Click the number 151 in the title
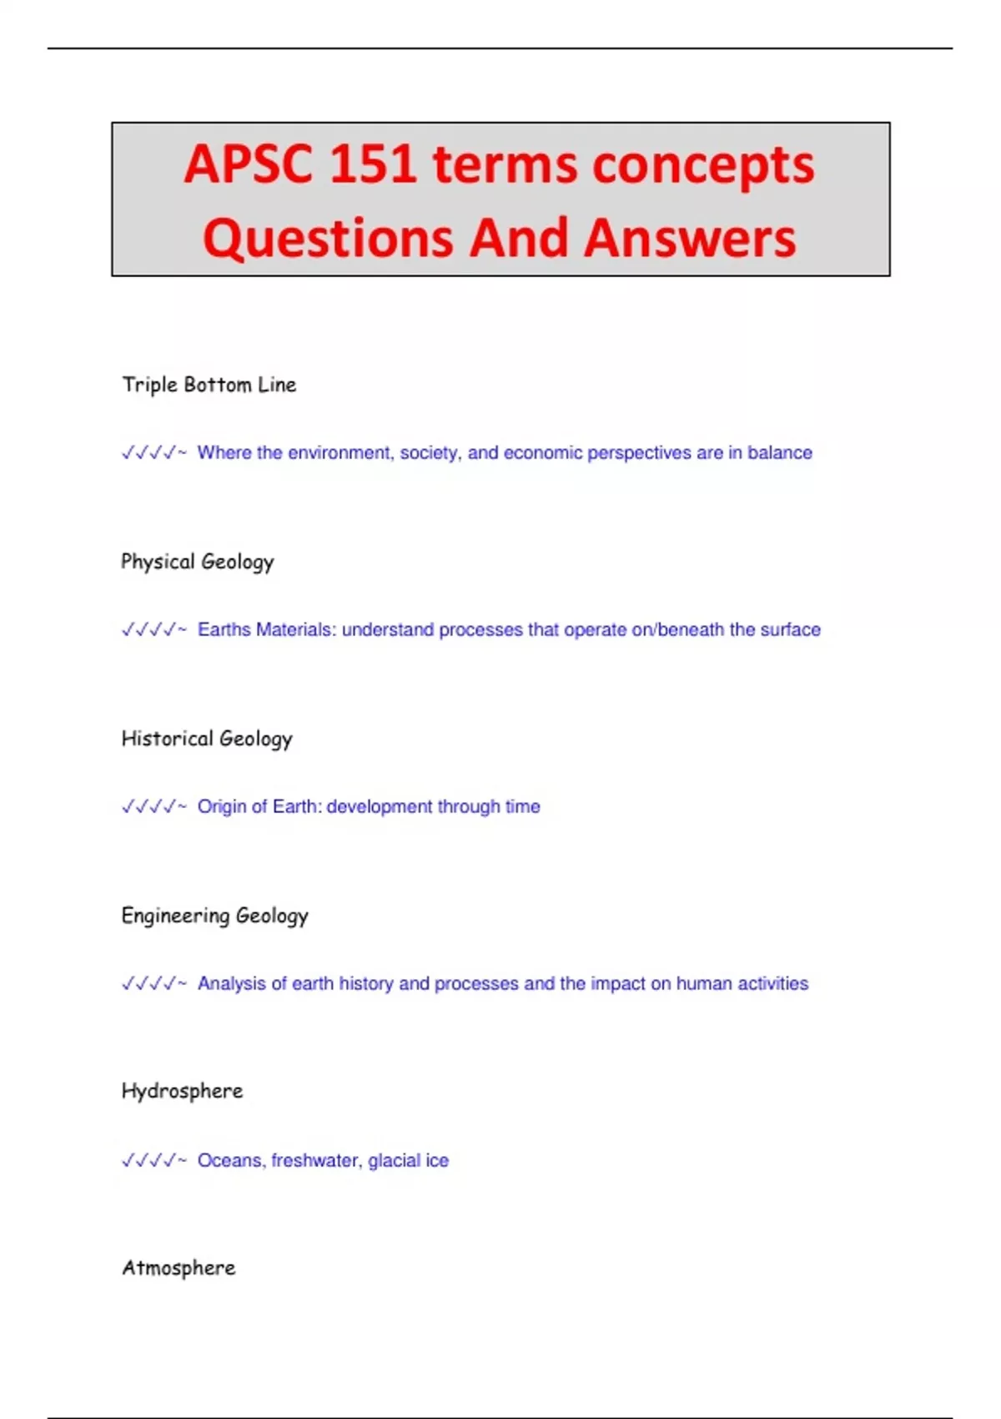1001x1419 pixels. pyautogui.click(x=373, y=164)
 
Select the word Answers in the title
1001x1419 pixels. pyautogui.click(x=689, y=238)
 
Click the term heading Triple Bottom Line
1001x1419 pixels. pyautogui.click(x=209, y=385)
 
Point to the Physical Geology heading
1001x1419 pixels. pyautogui.click(x=198, y=562)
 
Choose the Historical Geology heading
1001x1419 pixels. pyautogui.click(x=207, y=739)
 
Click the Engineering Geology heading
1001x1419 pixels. pyautogui.click(x=215, y=916)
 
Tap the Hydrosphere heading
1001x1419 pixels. pyautogui.click(x=182, y=1091)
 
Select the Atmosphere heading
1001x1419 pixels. pyautogui.click(x=179, y=1268)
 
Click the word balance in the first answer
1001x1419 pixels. pyautogui.click(x=779, y=452)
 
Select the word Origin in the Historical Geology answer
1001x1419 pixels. pyautogui.click(x=222, y=806)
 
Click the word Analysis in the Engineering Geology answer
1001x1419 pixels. pyautogui.click(x=231, y=983)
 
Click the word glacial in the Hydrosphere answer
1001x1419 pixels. pyautogui.click(x=394, y=1160)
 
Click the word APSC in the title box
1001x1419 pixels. pyautogui.click(x=249, y=164)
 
